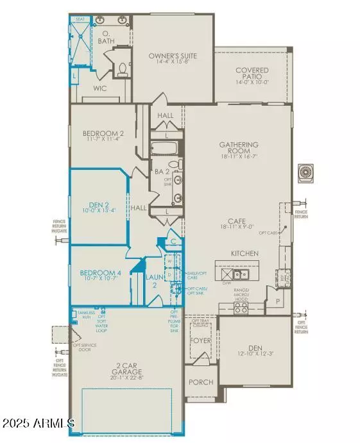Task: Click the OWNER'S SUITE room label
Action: pos(173,56)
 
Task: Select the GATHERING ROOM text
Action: pos(239,145)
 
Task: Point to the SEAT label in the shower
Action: pos(81,20)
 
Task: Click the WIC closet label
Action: pos(99,87)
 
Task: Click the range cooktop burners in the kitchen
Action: pos(241,308)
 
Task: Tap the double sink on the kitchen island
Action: pos(241,274)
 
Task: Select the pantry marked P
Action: pos(278,299)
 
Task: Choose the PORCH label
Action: pos(200,382)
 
